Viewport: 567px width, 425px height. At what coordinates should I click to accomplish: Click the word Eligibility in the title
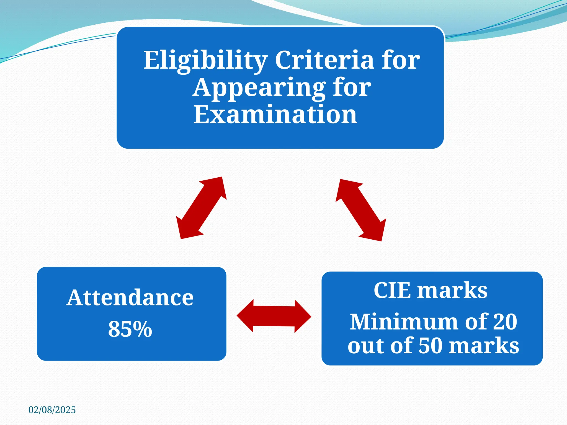click(205, 60)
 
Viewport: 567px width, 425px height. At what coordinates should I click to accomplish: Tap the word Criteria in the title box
click(324, 60)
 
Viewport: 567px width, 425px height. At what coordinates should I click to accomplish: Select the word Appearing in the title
click(259, 88)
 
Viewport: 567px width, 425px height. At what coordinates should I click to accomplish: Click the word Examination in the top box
click(275, 115)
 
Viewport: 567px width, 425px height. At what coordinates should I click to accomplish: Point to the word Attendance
click(130, 298)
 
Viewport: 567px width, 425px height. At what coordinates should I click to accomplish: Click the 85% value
click(130, 329)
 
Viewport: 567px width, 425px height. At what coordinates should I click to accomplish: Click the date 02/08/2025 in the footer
click(52, 410)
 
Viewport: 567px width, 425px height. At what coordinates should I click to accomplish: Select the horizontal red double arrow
click(274, 316)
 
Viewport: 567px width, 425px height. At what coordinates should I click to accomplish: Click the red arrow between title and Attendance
click(202, 208)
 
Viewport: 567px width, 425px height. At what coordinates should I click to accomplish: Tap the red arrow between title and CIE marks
click(361, 210)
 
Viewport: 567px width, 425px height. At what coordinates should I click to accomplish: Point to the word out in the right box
click(364, 346)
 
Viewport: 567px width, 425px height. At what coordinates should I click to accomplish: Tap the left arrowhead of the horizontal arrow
click(245, 316)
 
